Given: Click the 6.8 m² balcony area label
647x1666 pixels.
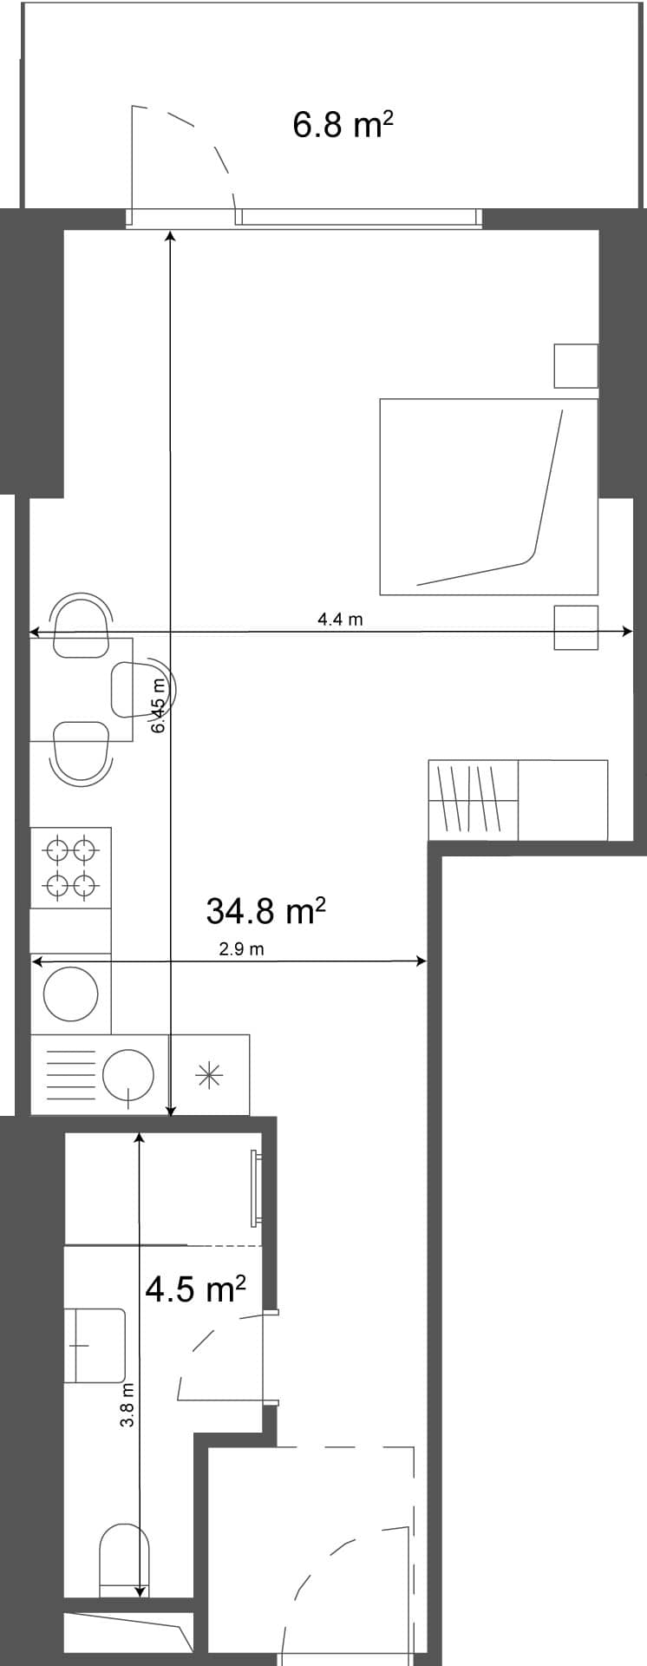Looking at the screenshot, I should coord(343,125).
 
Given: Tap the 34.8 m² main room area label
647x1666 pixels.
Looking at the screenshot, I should coord(265,910).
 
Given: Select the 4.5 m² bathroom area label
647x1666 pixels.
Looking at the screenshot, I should coord(195,1289).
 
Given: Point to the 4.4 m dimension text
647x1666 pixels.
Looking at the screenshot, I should coord(340,620).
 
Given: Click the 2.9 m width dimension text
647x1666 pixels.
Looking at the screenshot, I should coord(241,948).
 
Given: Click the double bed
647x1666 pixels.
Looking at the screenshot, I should coord(488,496).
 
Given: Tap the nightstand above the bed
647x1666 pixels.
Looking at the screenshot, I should coord(576,365).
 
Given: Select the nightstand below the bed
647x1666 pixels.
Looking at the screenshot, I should coord(576,626).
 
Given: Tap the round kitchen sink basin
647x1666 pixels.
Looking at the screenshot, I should coord(128,1075).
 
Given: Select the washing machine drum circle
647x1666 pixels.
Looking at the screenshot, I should coord(71,994).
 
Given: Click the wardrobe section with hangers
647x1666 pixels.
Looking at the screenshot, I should coord(473,799).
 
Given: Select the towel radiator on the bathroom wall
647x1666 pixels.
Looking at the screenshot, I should coord(256,1188).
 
